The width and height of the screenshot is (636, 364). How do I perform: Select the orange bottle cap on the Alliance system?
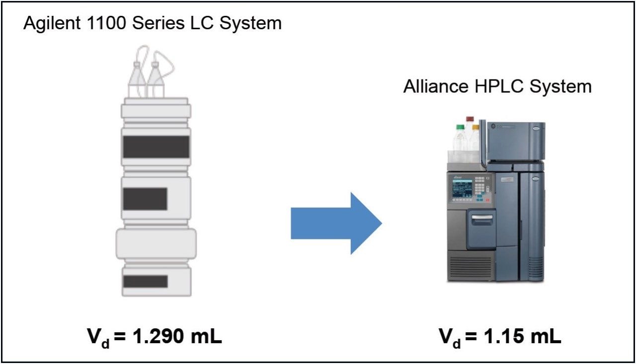click(476, 128)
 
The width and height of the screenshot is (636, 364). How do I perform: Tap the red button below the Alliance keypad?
click(487, 199)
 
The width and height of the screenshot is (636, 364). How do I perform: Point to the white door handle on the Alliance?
click(482, 217)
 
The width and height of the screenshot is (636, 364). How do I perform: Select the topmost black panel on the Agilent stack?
click(156, 146)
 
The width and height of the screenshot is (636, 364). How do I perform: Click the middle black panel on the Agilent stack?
click(145, 199)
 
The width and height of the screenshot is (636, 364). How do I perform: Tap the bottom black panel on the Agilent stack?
click(145, 281)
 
